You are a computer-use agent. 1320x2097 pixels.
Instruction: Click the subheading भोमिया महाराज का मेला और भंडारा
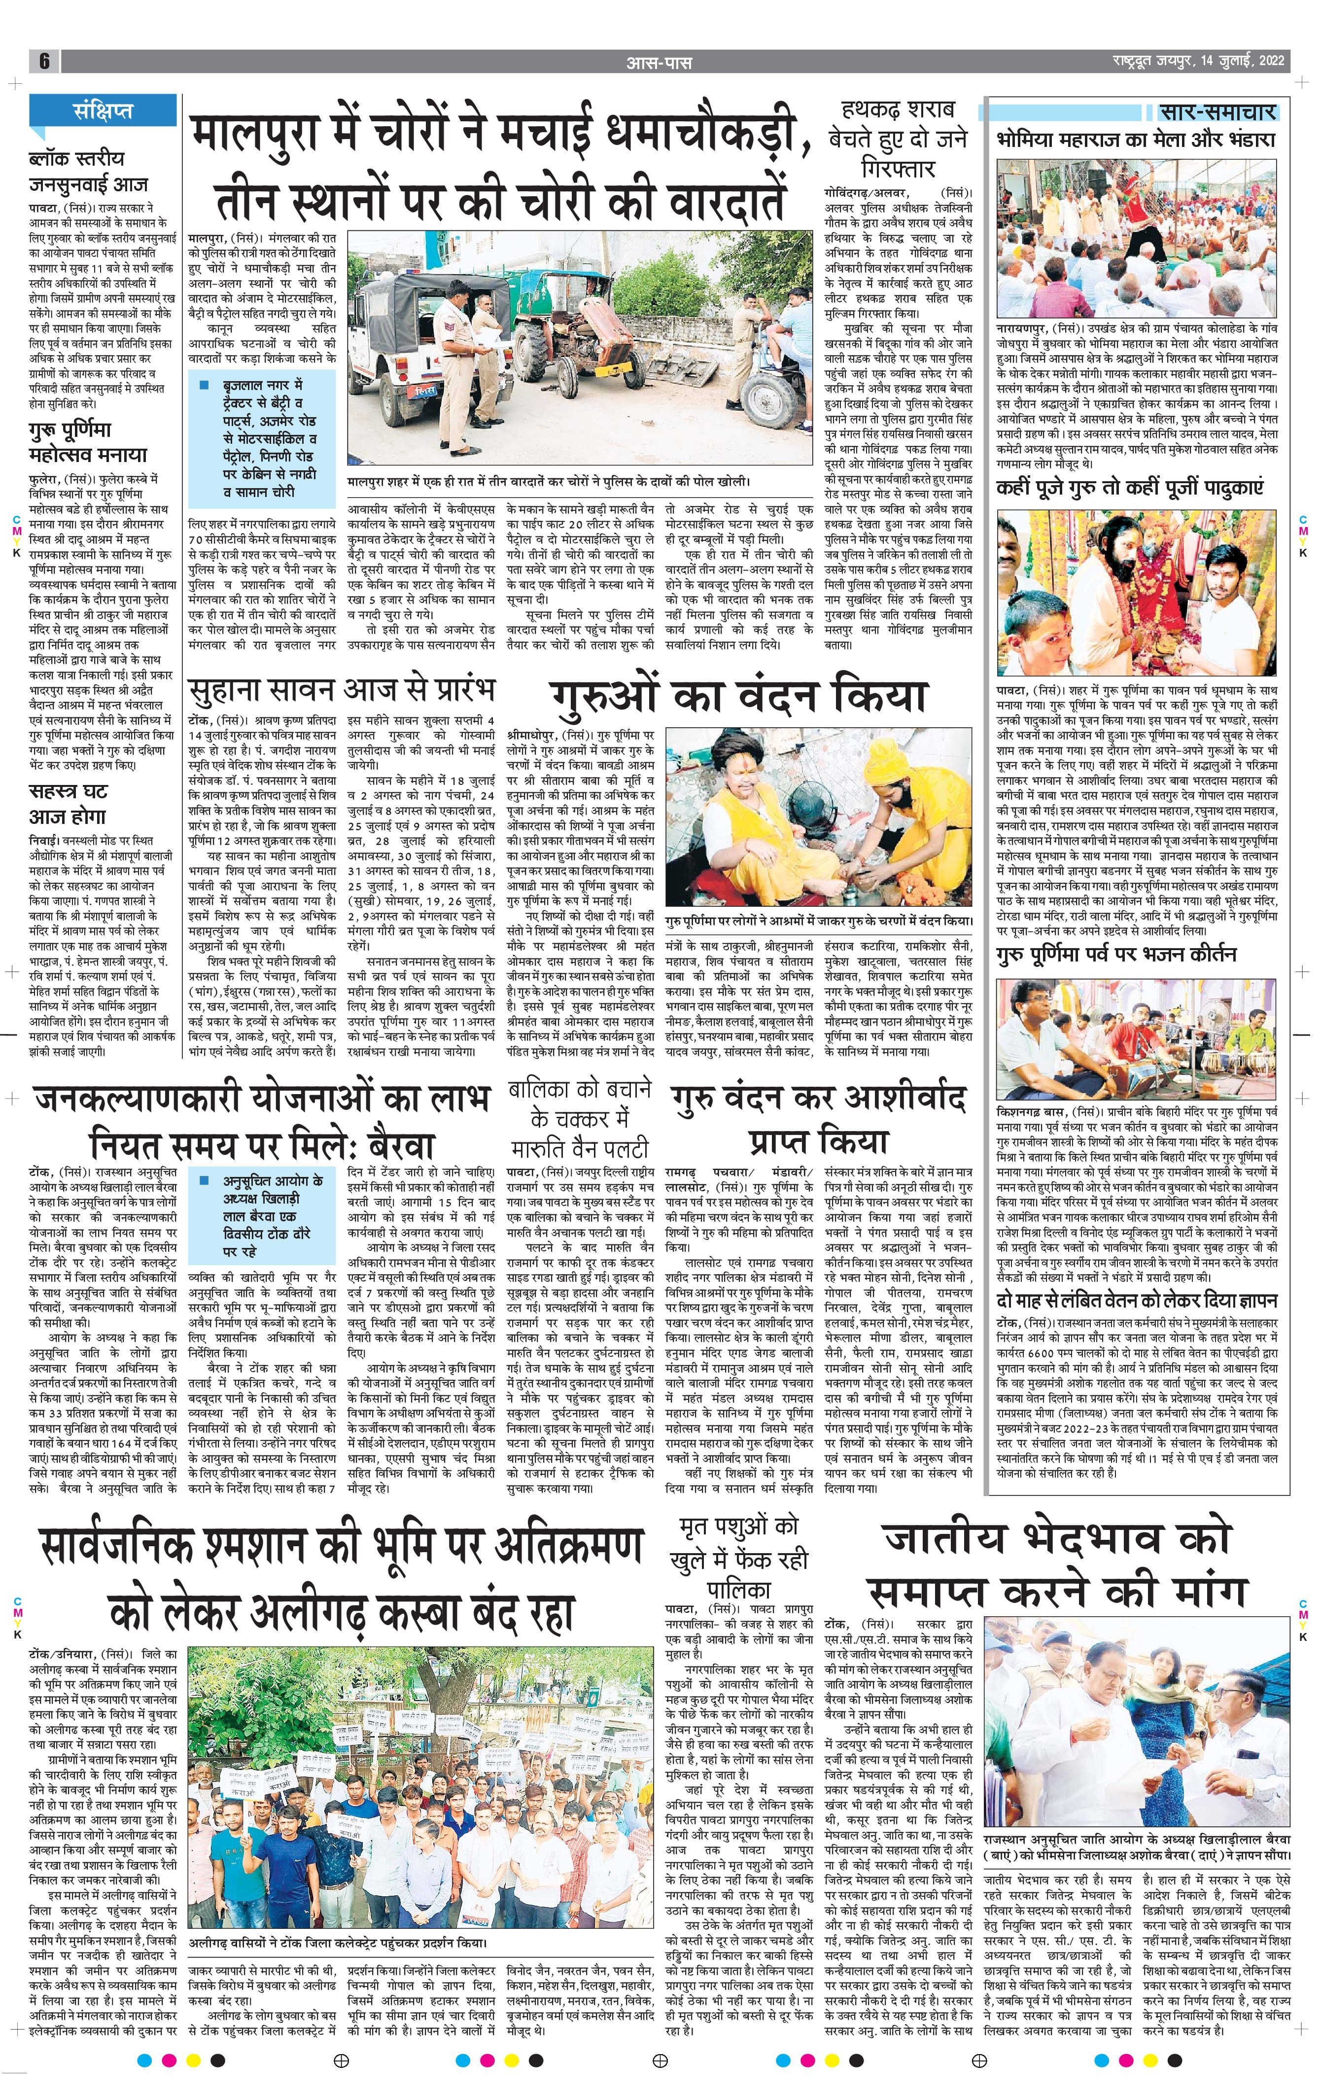pyautogui.click(x=1136, y=140)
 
